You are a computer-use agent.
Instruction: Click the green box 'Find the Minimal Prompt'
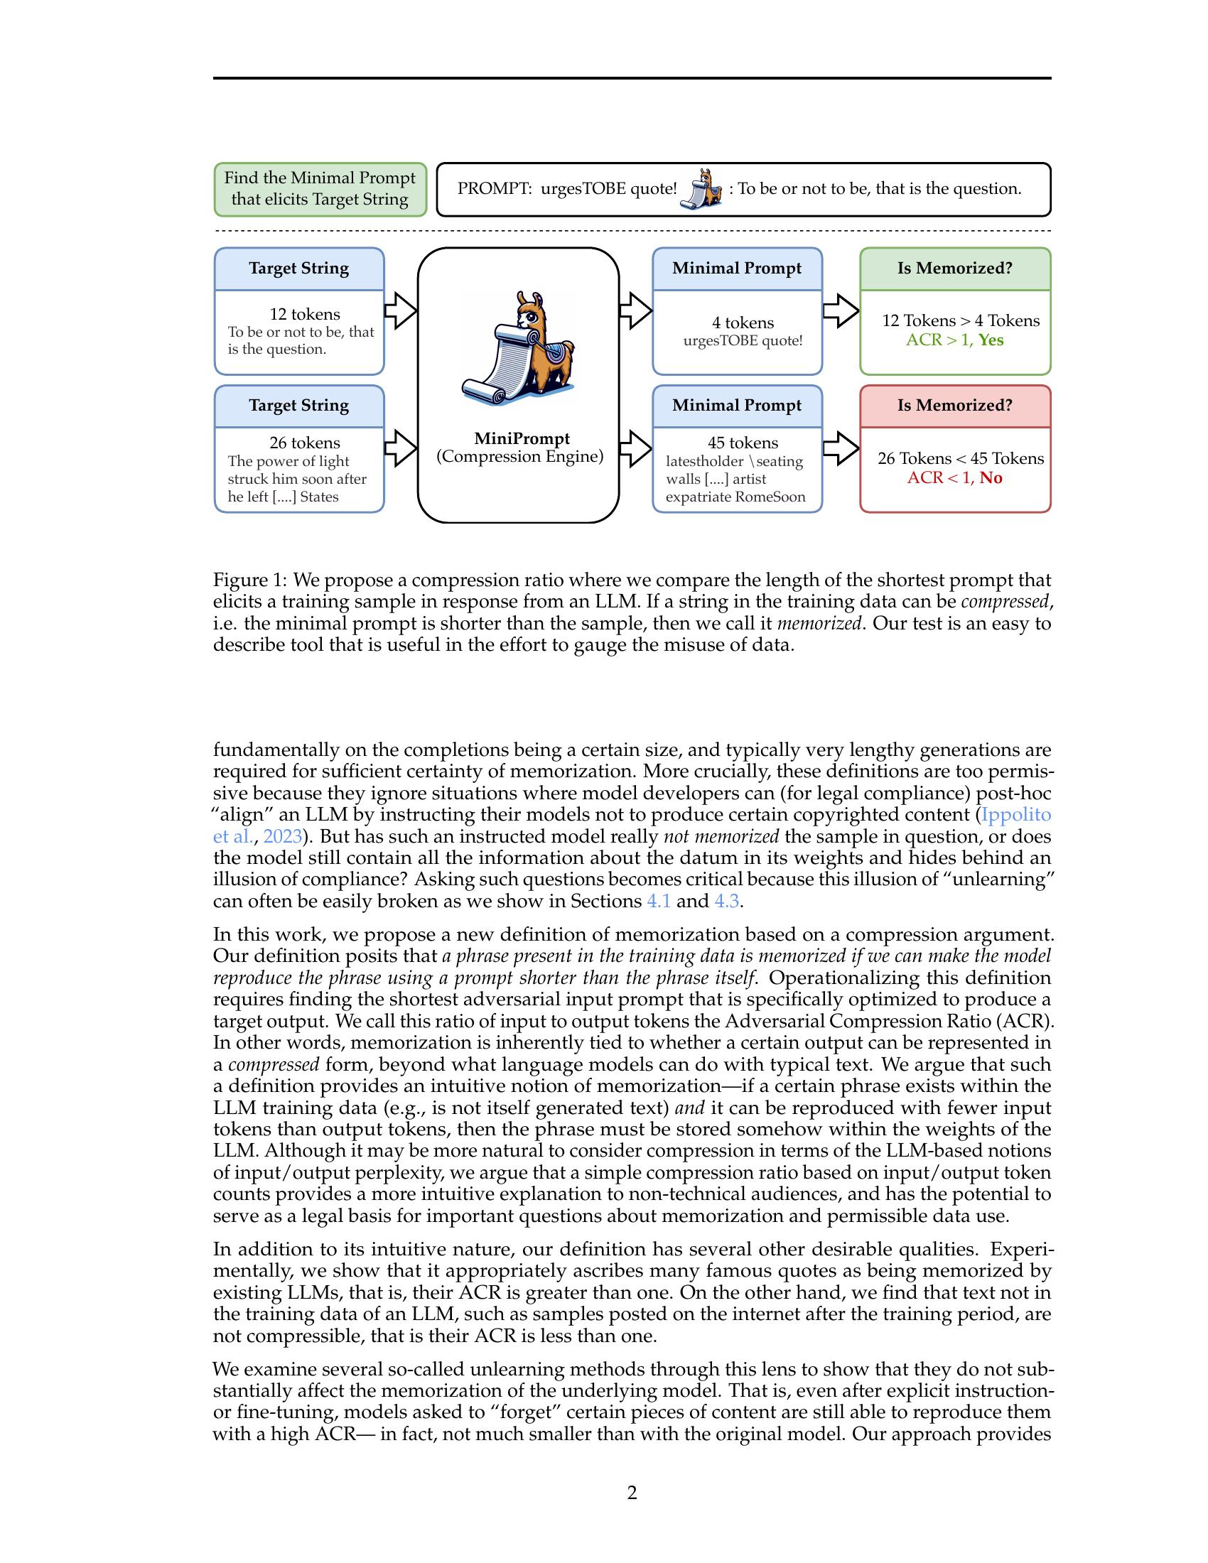pos(320,189)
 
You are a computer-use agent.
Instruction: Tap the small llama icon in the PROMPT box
pos(701,189)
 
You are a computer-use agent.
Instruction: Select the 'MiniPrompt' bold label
pos(522,438)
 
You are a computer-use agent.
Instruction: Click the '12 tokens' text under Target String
pos(304,314)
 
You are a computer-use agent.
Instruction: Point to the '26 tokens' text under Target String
pos(304,443)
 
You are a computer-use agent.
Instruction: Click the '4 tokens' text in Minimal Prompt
pos(743,323)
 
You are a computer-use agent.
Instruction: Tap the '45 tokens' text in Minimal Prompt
pos(743,443)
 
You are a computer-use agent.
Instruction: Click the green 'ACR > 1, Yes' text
pos(954,340)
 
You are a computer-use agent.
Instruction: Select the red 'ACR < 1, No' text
pos(954,477)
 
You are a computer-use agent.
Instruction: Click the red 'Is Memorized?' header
pos(954,405)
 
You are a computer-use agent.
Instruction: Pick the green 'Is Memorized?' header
pos(954,269)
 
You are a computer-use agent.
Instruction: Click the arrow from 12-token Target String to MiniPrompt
pos(401,311)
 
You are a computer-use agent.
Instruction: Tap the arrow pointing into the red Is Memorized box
pos(841,449)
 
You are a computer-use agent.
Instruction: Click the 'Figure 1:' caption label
pos(249,580)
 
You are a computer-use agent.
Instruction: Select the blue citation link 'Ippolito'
pos(1015,814)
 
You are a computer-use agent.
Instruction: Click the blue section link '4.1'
pos(659,901)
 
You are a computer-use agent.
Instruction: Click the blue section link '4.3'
pos(726,901)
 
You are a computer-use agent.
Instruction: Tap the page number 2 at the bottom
pos(632,1492)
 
